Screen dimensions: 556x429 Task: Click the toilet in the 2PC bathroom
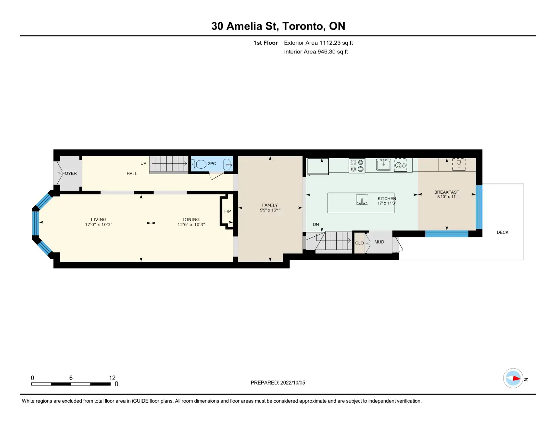(x=199, y=164)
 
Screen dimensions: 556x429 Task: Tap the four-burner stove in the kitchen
(x=357, y=166)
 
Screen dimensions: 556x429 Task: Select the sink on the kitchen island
(x=362, y=199)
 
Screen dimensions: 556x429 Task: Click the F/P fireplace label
(x=228, y=211)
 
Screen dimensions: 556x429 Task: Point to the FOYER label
(x=69, y=173)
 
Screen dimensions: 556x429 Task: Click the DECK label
(x=502, y=232)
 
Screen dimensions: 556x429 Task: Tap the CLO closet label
(x=360, y=243)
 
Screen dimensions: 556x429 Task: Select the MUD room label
(x=379, y=242)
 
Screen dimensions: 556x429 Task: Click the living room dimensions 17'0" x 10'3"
(x=98, y=225)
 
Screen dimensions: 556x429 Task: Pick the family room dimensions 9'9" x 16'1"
(x=270, y=210)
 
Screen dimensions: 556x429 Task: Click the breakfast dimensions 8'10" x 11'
(x=447, y=197)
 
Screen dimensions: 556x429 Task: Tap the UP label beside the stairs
(x=143, y=163)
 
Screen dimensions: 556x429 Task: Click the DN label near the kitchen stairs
(x=316, y=224)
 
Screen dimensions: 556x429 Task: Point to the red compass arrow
(x=517, y=378)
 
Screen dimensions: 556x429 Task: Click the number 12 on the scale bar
(x=112, y=378)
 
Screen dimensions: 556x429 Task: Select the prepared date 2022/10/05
(x=293, y=382)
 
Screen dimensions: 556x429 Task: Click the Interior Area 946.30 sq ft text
(x=316, y=52)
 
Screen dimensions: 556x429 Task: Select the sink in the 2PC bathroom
(x=228, y=165)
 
